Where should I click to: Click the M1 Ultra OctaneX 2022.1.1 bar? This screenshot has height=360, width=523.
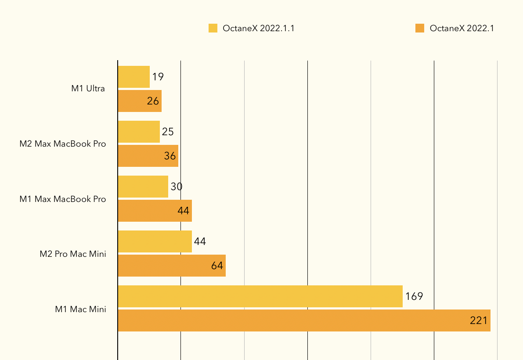pyautogui.click(x=134, y=77)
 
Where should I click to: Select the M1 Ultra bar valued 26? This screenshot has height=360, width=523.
pyautogui.click(x=140, y=101)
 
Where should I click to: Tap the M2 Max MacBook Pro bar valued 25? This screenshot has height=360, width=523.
pyautogui.click(x=139, y=132)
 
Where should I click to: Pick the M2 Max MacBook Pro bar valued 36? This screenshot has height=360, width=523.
pyautogui.click(x=148, y=156)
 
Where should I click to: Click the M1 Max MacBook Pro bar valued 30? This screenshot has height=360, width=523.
pyautogui.click(x=143, y=187)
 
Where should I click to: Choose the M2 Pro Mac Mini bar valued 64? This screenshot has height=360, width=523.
pyautogui.click(x=172, y=266)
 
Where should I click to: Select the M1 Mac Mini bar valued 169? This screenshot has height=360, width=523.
pyautogui.click(x=260, y=296)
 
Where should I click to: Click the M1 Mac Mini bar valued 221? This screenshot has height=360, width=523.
pyautogui.click(x=304, y=320)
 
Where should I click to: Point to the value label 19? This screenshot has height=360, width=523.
pyautogui.click(x=158, y=77)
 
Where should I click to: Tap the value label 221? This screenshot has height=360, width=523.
pyautogui.click(x=479, y=320)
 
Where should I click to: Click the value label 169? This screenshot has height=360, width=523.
pyautogui.click(x=414, y=296)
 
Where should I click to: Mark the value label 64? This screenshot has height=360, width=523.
pyautogui.click(x=217, y=266)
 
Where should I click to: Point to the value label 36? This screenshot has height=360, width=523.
pyautogui.click(x=170, y=156)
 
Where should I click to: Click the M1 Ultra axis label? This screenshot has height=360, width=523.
pyautogui.click(x=88, y=89)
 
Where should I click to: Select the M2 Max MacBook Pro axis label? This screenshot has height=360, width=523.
pyautogui.click(x=63, y=144)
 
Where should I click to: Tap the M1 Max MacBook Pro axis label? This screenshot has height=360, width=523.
pyautogui.click(x=63, y=199)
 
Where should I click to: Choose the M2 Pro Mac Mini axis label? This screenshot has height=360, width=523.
pyautogui.click(x=73, y=254)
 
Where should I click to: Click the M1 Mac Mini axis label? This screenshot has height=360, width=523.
pyautogui.click(x=80, y=309)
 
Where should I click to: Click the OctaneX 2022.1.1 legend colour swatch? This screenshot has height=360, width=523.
pyautogui.click(x=213, y=29)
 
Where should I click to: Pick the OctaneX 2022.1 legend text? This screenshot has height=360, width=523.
pyautogui.click(x=462, y=29)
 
